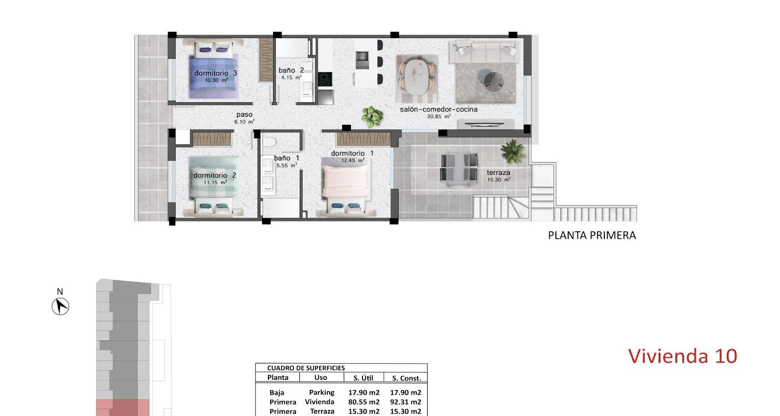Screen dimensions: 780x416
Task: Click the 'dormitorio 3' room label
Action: [x=216, y=73]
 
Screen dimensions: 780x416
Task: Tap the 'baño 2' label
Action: [x=291, y=70]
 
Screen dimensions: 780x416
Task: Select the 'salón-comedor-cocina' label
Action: [x=439, y=109]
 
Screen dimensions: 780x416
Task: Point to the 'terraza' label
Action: [x=498, y=173]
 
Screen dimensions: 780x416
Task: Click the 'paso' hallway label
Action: [x=245, y=115]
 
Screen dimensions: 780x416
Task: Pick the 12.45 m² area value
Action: [x=353, y=160]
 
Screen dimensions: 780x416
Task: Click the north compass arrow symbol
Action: [x=61, y=306]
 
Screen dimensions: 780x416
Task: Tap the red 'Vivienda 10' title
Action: [x=682, y=356]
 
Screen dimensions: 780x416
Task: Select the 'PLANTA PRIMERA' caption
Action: [x=592, y=235]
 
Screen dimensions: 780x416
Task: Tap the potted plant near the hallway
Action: [x=372, y=116]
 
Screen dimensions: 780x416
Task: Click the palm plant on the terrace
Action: [x=513, y=151]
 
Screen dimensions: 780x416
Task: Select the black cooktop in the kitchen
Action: [x=325, y=79]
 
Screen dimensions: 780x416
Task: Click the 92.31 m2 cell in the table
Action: [x=405, y=402]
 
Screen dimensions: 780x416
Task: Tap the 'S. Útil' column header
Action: [x=363, y=378]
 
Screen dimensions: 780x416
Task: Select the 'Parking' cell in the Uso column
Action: [x=322, y=392]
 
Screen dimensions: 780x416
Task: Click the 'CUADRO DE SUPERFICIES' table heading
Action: [x=306, y=368]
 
